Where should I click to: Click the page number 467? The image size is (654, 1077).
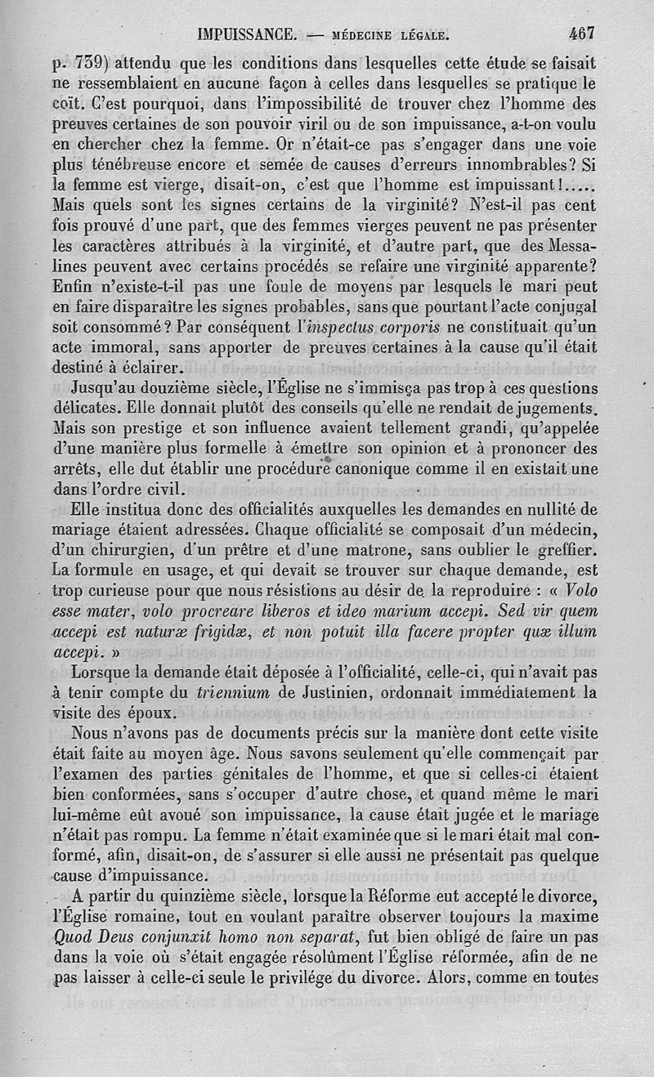pos(582,34)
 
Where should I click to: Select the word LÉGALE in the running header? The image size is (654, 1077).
pos(419,35)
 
